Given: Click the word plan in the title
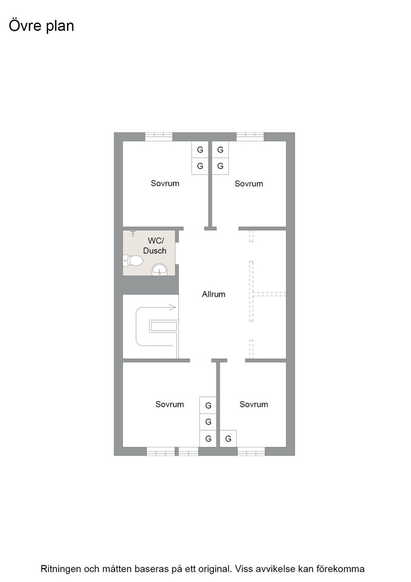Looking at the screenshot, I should (x=60, y=26).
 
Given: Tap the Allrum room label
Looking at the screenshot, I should (x=214, y=294).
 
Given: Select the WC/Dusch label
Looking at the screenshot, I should (x=155, y=246).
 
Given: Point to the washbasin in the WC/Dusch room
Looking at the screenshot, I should (x=159, y=269).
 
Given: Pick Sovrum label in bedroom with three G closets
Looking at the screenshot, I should (x=170, y=404).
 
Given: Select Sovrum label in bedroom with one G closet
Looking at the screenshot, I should (x=254, y=404).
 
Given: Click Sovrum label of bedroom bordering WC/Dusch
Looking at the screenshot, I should (x=165, y=183).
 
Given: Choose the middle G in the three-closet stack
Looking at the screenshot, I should (x=208, y=421).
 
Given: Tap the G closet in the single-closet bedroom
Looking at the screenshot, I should (x=228, y=439).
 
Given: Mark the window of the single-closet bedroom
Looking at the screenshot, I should (x=251, y=452).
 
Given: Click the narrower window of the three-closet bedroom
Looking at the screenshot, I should (x=188, y=452).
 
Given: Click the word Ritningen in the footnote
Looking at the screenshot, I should (x=60, y=568).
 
